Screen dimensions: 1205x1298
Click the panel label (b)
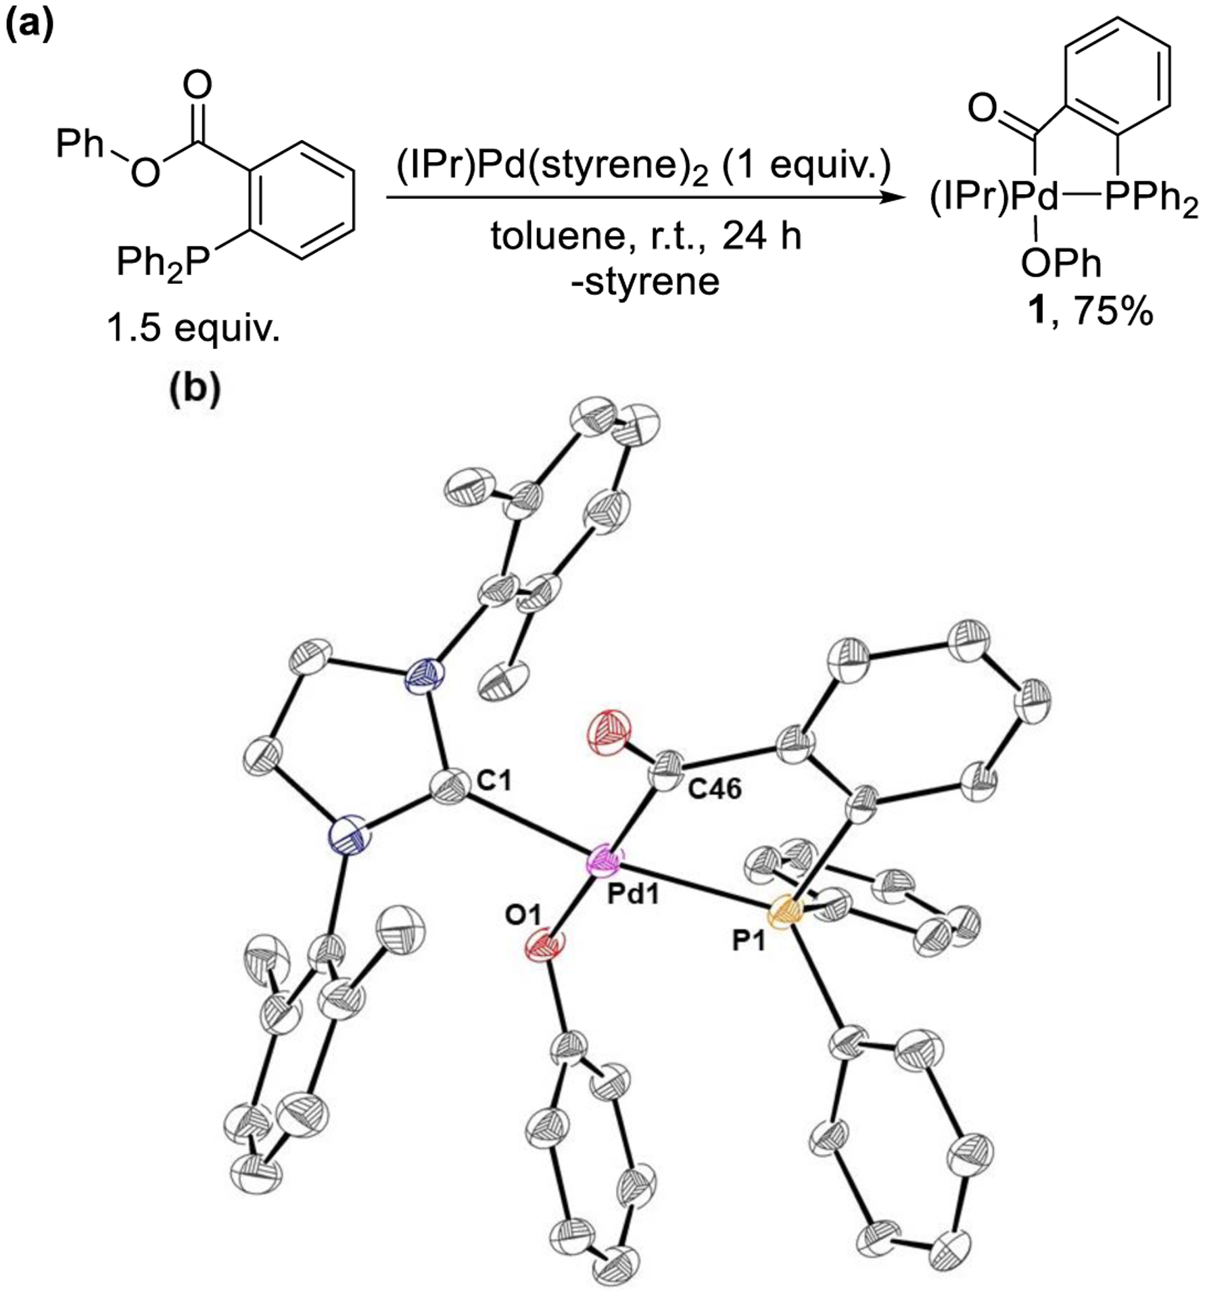195,390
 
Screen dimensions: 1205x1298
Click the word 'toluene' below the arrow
565,237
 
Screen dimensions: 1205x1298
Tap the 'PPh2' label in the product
1150,201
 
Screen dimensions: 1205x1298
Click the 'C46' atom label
716,788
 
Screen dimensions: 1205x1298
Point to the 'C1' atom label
494,782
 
